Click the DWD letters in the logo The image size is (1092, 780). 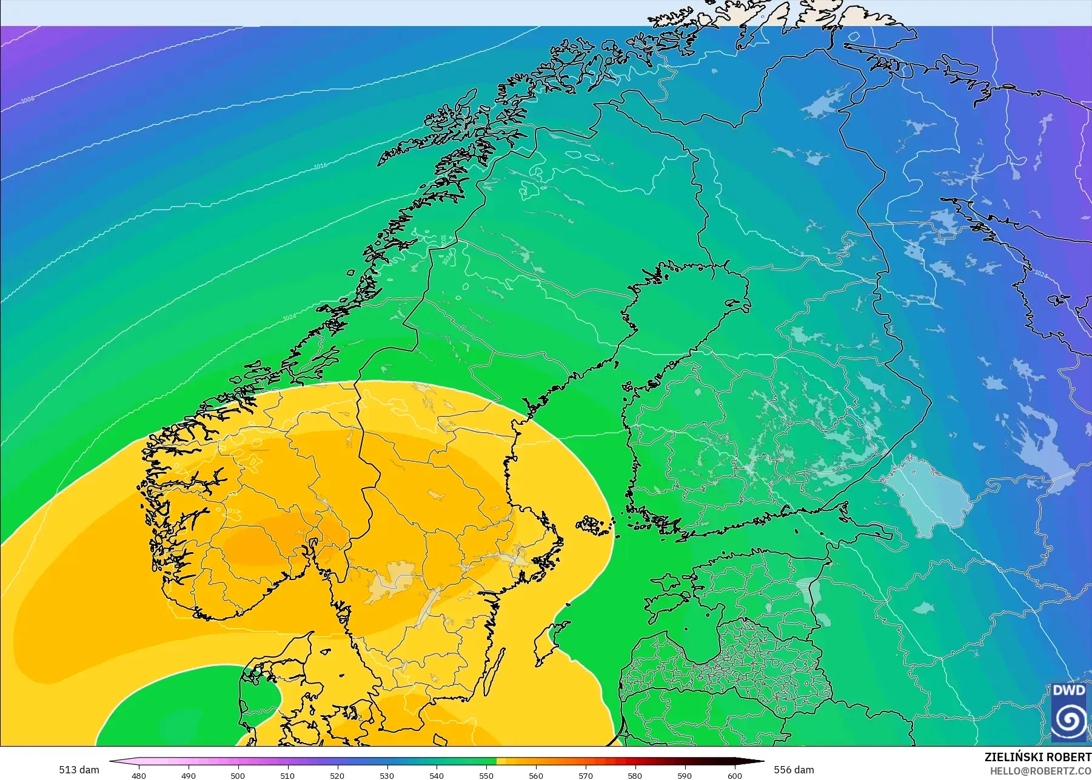tap(1068, 692)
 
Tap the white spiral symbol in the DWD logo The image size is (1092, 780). tap(1068, 720)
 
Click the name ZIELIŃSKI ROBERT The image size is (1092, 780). tap(1037, 758)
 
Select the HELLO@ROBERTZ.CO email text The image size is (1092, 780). tap(1040, 771)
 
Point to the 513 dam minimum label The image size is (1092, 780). tap(79, 770)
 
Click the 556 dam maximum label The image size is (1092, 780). tap(794, 770)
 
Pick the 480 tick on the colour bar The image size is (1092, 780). tap(139, 775)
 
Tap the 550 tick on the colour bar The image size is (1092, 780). tap(486, 775)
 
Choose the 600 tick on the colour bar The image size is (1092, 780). tap(735, 775)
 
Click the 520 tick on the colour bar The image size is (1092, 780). tap(337, 775)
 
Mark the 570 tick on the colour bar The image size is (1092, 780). tap(586, 775)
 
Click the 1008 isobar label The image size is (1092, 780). tap(28, 99)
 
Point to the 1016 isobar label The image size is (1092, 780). tap(320, 166)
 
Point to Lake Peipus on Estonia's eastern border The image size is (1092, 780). tap(806, 591)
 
